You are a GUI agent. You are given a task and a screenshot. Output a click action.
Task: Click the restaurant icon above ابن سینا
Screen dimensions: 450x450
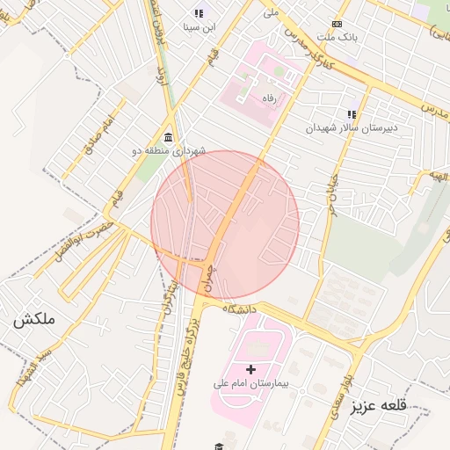click(199, 14)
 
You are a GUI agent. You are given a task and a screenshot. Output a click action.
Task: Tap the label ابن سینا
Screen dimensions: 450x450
click(199, 27)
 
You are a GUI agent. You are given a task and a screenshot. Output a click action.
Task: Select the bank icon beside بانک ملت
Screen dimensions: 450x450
click(336, 25)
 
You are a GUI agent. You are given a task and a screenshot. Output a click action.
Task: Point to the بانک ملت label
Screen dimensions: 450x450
click(338, 38)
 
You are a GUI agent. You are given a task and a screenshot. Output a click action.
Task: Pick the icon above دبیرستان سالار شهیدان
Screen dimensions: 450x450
click(352, 114)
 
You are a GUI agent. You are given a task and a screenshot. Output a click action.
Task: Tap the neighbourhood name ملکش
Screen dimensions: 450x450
click(33, 321)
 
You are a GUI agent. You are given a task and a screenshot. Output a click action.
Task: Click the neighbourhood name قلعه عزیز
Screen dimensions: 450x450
click(380, 406)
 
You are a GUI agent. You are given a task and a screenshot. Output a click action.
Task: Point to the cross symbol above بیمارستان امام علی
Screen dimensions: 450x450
click(251, 370)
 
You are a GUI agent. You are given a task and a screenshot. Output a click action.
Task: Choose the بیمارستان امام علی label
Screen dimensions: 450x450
click(251, 384)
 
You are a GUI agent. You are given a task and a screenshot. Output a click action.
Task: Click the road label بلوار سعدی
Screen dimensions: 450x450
click(342, 399)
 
